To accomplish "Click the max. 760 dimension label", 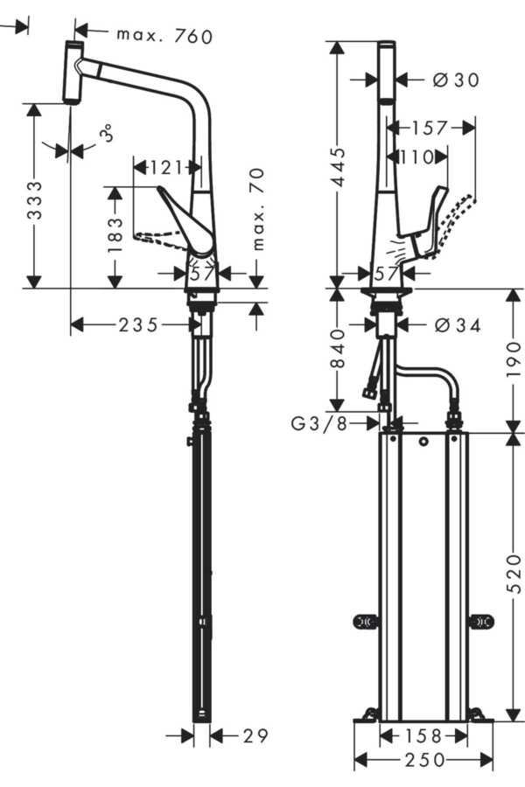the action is pos(164,36).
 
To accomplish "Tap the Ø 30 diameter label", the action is pos(456,80).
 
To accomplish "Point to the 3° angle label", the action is pos(108,134).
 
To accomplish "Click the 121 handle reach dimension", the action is pos(165,168).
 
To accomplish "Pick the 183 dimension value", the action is pos(115,235).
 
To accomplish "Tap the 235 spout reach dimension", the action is pos(138,325).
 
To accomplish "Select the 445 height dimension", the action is pos(339,167).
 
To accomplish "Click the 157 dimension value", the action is pos(429,129).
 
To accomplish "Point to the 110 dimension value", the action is pos(417,157).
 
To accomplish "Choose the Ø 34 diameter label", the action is pos(457,326).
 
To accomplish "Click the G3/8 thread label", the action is pos(319,424).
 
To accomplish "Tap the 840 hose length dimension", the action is pos(339,348).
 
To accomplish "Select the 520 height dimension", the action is pos(514,574).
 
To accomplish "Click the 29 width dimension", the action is pos(255,735).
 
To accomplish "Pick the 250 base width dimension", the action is pos(424,761).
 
